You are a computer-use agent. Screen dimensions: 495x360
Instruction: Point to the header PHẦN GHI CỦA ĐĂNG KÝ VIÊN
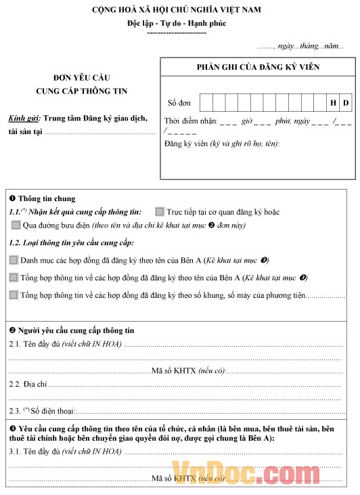point(258,67)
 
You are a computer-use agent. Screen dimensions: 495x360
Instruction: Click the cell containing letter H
point(333,103)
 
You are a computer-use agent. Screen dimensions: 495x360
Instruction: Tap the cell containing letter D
point(345,103)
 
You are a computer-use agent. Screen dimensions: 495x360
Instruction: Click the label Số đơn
point(179,103)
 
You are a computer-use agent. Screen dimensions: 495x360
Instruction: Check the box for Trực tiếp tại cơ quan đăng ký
point(160,212)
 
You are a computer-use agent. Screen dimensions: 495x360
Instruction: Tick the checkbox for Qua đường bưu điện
point(16,225)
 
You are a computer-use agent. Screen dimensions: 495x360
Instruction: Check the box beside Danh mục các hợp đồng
point(14,259)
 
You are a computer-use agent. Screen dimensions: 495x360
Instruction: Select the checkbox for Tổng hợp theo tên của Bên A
point(14,277)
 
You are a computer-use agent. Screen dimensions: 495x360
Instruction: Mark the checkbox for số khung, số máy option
point(14,295)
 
